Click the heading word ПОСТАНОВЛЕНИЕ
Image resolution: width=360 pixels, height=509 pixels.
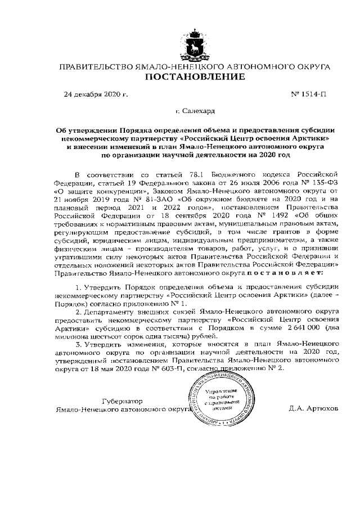coord(195,76)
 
